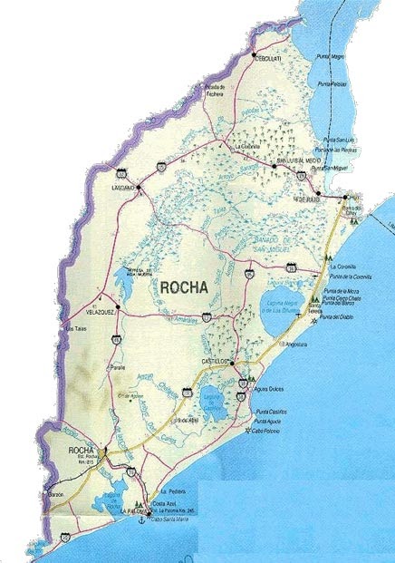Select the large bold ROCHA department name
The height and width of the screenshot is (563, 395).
click(185, 286)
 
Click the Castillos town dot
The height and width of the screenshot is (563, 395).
click(232, 364)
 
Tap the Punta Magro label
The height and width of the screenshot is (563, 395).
click(332, 57)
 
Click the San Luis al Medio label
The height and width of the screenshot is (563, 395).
click(292, 158)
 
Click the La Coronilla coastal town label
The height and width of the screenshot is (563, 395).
click(344, 267)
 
